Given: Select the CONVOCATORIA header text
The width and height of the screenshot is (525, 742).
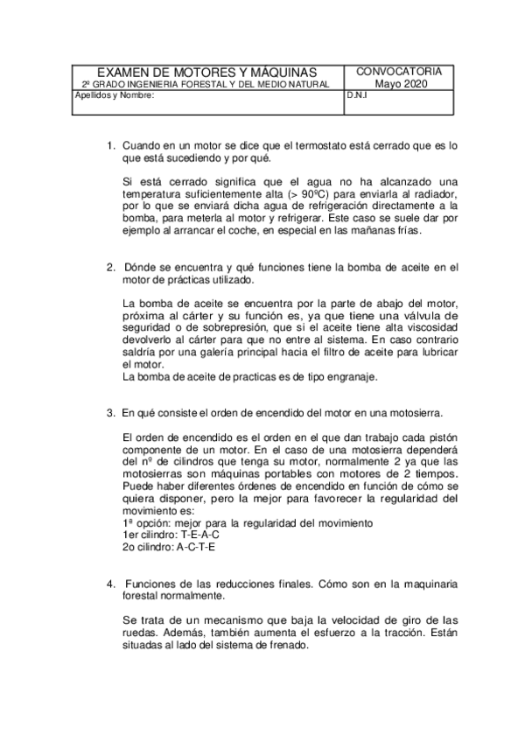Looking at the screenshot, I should [399, 71].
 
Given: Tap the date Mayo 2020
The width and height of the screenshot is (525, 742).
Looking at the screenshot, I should [399, 83].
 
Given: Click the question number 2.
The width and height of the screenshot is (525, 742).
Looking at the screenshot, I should [110, 266].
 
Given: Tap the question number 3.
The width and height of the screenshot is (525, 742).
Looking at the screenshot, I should [110, 411].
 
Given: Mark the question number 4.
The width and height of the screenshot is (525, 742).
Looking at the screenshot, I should [110, 583].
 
